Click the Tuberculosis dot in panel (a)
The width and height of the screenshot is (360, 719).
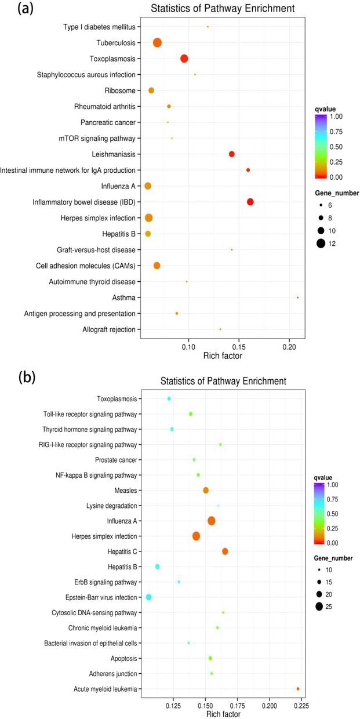click(157, 42)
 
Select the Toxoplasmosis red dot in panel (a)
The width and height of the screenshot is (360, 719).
click(184, 59)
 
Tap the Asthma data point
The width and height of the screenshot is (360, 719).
click(297, 297)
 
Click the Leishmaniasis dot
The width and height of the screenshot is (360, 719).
click(232, 154)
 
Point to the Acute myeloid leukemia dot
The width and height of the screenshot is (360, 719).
click(298, 689)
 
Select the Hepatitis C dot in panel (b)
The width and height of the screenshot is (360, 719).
click(225, 551)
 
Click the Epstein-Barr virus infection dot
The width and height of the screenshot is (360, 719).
click(149, 597)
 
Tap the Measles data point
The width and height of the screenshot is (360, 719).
click(206, 490)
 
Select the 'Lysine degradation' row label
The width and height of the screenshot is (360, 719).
click(110, 506)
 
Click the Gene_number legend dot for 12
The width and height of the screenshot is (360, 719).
click(320, 244)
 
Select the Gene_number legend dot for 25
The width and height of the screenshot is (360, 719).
click(319, 607)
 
